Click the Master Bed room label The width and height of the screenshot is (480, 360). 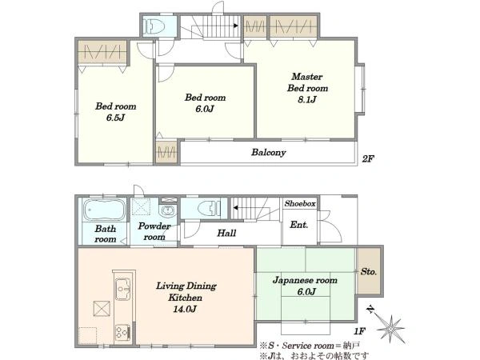307,82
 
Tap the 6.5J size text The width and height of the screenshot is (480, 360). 115,118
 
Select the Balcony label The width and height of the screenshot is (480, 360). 269,152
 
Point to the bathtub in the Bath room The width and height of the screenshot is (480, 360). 104,210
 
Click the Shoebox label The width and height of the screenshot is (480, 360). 300,203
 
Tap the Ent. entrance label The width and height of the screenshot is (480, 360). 298,225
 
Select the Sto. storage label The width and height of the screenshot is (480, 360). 369,271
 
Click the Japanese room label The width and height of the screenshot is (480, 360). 305,280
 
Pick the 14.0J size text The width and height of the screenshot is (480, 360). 185,309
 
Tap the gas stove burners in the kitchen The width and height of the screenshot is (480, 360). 123,333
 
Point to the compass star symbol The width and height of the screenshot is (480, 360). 390,329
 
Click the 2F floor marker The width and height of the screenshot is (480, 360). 368,158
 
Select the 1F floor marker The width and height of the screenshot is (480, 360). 359,330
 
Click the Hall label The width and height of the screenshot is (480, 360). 226,234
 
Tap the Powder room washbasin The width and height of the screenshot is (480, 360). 167,210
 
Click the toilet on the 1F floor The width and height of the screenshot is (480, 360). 209,209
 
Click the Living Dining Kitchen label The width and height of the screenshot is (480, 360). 186,291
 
